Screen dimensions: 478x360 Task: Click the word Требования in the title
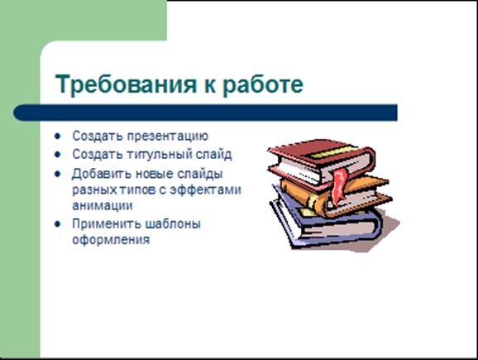point(126,84)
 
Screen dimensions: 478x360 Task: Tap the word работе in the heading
point(263,84)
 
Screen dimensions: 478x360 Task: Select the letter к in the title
point(210,86)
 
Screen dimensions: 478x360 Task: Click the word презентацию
point(167,136)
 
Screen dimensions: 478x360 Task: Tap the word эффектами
point(205,190)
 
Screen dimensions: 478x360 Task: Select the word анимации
point(103,205)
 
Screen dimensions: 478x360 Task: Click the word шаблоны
point(173,224)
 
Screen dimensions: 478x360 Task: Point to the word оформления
point(111,240)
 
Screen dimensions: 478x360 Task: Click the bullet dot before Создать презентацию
point(58,136)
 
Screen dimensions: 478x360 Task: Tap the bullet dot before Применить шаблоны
point(58,224)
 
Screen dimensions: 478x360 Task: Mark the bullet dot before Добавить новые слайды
point(58,174)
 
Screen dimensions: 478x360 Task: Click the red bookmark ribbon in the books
point(340,187)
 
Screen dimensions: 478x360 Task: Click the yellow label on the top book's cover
point(332,151)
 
